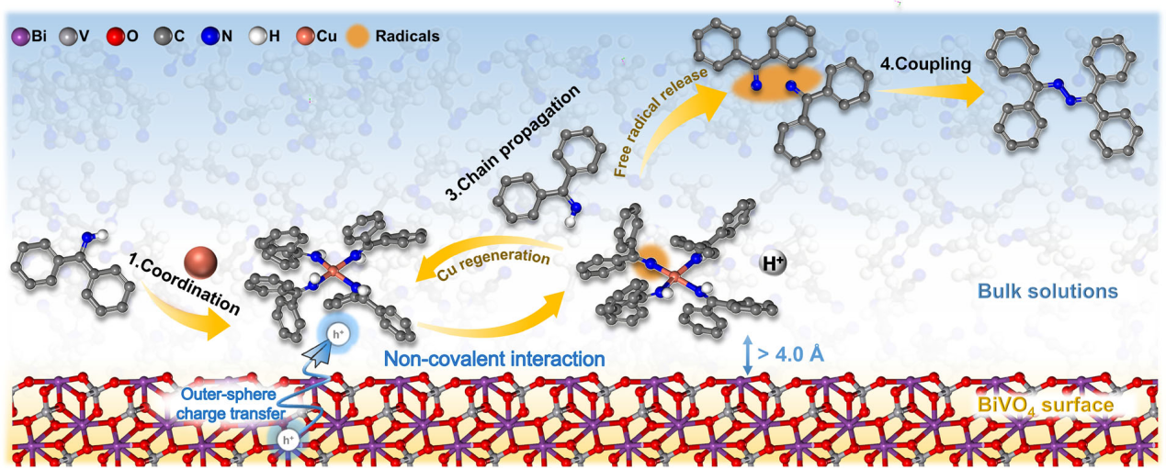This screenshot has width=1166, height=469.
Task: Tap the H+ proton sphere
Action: coord(775,265)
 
